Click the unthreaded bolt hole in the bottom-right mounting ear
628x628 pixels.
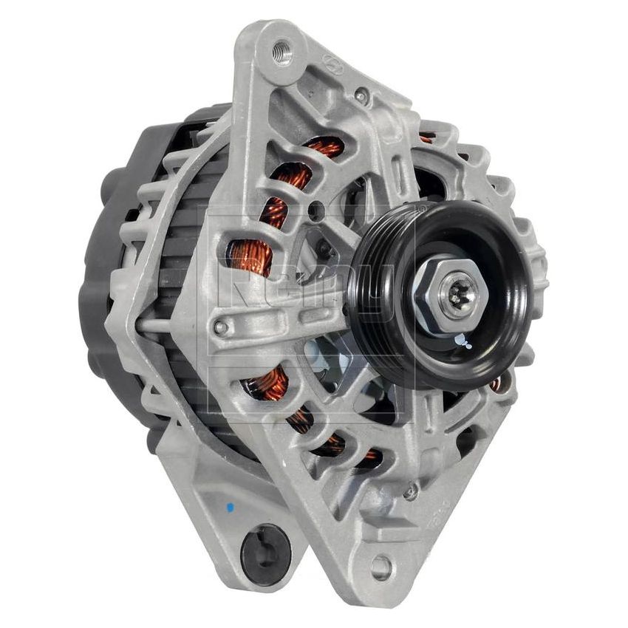(x=381, y=567)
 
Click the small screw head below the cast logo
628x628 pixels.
(x=361, y=95)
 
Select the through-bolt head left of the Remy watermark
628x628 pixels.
(x=219, y=326)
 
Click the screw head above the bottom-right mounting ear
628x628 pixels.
(x=411, y=490)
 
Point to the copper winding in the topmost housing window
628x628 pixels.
(x=325, y=148)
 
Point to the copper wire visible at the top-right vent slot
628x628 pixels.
(x=426, y=137)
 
